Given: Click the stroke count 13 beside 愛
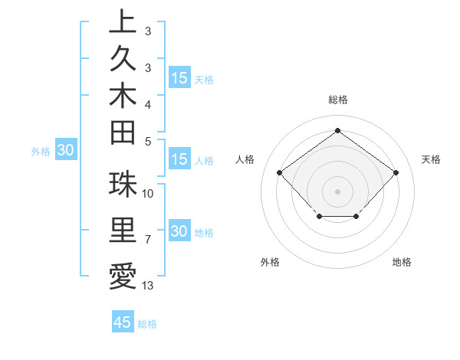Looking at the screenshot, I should pos(148,286).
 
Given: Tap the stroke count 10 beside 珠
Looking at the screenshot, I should pos(148,193).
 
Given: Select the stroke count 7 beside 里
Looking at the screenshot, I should pos(148,240).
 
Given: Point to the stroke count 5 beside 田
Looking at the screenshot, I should pos(148,141).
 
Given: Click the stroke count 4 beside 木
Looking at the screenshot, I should pos(148,103).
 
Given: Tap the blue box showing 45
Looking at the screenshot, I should pos(123,322).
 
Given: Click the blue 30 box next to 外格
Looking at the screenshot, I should pos(65,151).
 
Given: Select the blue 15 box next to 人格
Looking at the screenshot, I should pos(179,160).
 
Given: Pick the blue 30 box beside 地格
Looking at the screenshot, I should pos(179,232).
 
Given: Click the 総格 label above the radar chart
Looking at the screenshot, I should pos(338,100).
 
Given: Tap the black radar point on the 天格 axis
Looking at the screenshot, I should pos(396,172).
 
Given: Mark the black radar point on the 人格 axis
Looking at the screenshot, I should pos(280,172).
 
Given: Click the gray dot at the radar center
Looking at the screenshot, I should pos(338,191).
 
